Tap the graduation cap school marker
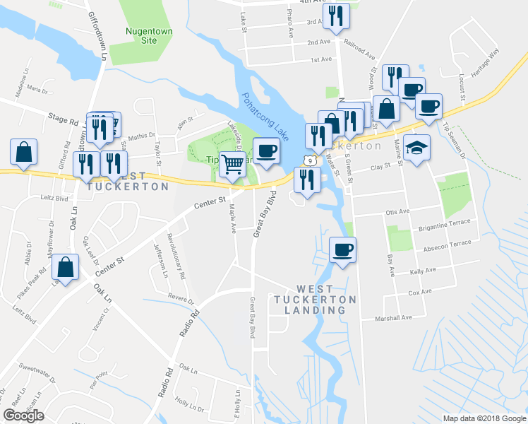tap(417, 148)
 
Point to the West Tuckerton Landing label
tap(325, 299)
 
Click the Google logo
tap(23, 416)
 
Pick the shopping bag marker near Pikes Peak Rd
tap(65, 268)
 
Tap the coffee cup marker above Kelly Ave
tap(343, 250)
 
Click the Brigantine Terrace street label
tap(443, 222)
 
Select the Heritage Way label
tap(484, 58)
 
